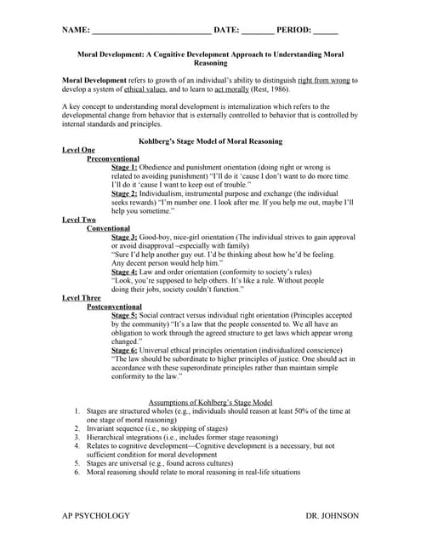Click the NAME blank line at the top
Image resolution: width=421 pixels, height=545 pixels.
coord(151,30)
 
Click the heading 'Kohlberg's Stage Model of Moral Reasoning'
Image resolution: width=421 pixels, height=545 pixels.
coord(210,141)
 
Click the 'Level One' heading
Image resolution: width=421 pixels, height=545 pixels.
coord(79,150)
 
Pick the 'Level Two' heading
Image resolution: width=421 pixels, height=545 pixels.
coord(79,220)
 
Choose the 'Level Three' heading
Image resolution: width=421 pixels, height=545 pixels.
coord(82,298)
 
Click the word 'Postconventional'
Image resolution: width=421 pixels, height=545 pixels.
coord(120,307)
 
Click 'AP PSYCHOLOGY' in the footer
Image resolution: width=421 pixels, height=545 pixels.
coord(96,516)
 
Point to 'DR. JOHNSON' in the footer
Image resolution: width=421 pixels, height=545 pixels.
coord(332,516)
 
